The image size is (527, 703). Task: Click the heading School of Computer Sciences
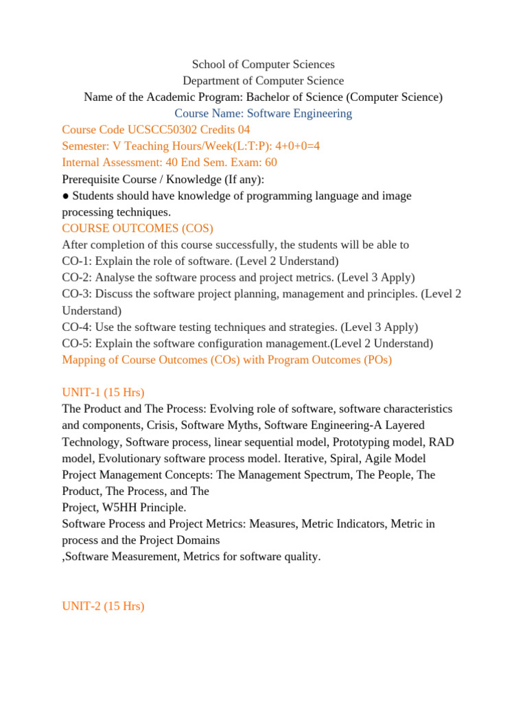263,65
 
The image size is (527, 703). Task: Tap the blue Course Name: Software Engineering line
263,113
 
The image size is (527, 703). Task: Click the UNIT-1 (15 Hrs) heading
103,393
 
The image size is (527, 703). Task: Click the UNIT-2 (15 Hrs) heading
103,607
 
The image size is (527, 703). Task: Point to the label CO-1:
77,262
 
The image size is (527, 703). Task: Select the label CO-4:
77,327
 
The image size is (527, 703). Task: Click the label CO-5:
77,344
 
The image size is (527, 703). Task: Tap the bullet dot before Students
66,196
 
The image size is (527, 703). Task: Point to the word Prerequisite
92,179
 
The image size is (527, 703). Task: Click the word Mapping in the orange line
83,360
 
